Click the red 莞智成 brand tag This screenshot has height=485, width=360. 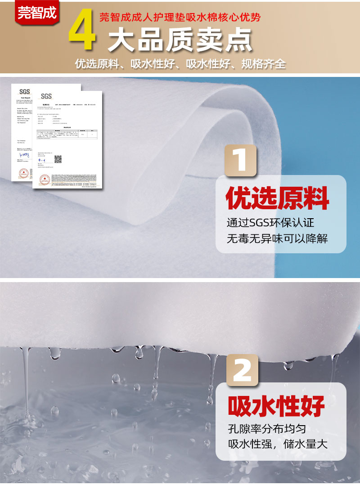37,12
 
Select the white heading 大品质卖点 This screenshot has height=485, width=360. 180,41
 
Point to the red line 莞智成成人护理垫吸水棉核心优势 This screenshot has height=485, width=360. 180,18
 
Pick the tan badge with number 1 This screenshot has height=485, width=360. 241,160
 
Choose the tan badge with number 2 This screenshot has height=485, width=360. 242,370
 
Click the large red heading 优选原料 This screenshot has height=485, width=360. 277,199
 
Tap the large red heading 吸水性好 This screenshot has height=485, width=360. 276,406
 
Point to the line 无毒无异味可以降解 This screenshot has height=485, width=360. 277,238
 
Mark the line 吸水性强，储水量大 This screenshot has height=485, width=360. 277,445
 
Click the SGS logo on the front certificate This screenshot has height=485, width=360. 46,96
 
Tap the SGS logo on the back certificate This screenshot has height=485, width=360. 24,91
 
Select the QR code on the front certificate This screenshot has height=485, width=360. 58,159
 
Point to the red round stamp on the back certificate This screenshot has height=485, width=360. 23,173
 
